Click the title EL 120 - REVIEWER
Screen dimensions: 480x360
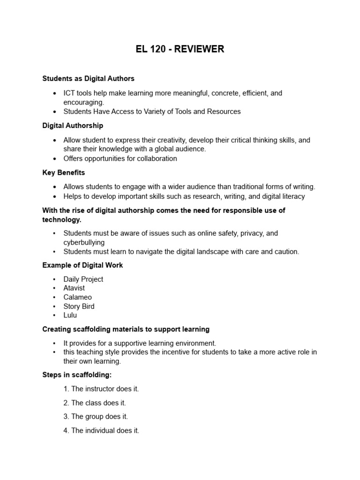(180, 49)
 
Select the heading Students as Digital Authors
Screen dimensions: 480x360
(88, 78)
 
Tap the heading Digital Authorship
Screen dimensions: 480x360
(73, 126)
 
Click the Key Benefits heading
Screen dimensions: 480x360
(64, 172)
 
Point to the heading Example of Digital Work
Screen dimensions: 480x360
(82, 265)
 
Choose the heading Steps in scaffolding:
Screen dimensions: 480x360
(77, 375)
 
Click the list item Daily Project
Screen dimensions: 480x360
(83, 279)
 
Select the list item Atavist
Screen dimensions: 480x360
(75, 288)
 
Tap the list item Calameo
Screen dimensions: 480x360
(77, 297)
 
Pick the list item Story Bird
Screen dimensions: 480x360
(79, 306)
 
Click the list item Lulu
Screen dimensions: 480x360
(70, 315)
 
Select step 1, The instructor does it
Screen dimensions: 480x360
(101, 389)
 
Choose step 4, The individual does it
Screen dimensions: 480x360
(101, 430)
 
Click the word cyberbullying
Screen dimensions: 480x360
(84, 242)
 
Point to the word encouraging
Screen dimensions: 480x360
(83, 102)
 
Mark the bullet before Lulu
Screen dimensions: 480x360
(54, 315)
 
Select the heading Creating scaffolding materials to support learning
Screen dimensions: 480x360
(126, 330)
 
